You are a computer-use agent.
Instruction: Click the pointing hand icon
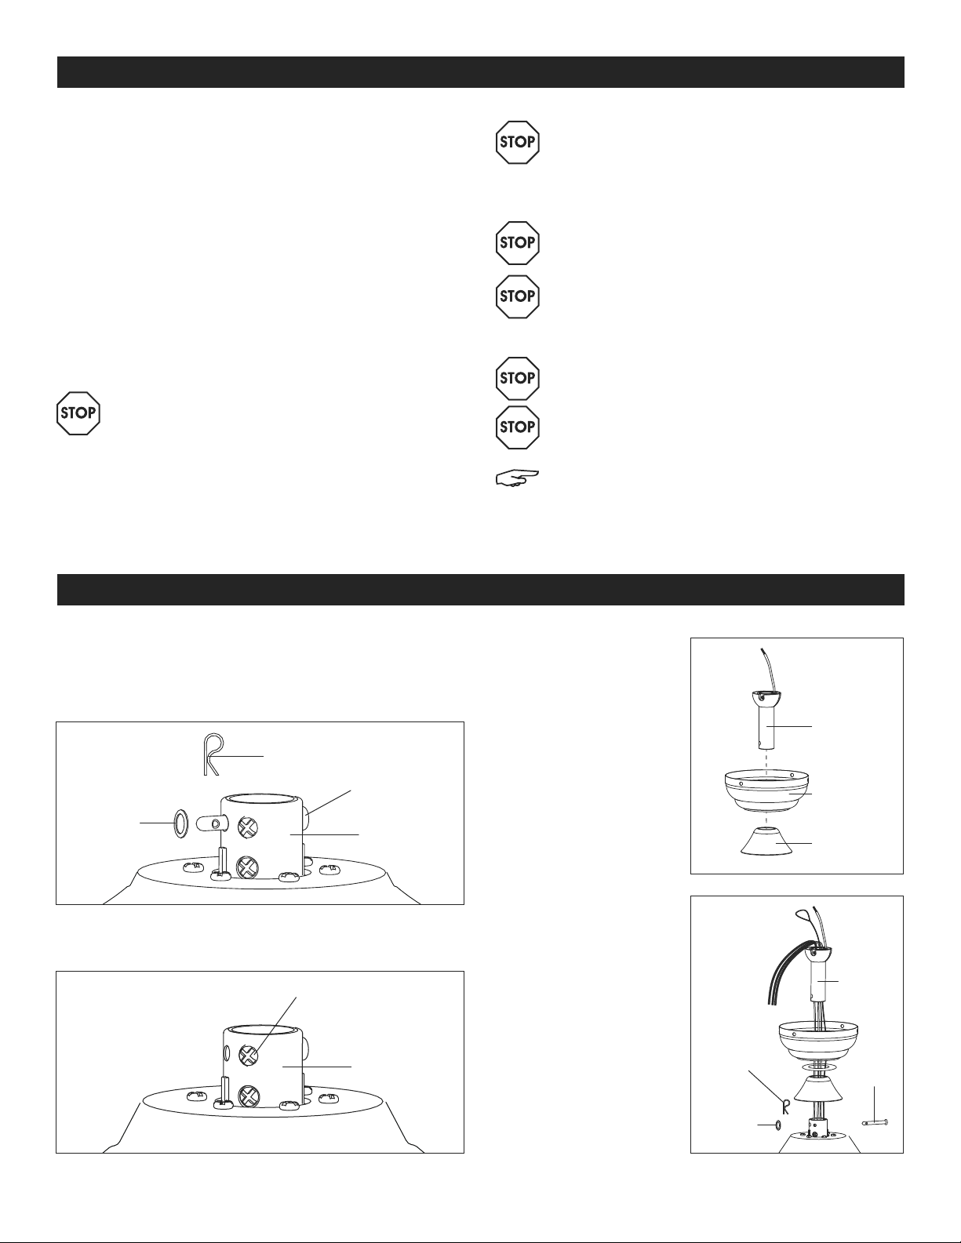517,478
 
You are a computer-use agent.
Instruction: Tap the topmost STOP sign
518,143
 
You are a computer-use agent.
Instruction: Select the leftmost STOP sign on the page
78,413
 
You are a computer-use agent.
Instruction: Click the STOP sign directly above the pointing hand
518,427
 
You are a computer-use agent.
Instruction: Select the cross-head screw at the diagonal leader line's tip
249,1054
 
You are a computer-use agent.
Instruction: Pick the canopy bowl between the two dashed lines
766,790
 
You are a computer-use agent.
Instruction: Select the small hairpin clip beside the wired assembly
784,1107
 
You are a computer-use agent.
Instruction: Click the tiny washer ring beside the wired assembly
779,1124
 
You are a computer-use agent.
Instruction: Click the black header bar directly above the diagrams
480,590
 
